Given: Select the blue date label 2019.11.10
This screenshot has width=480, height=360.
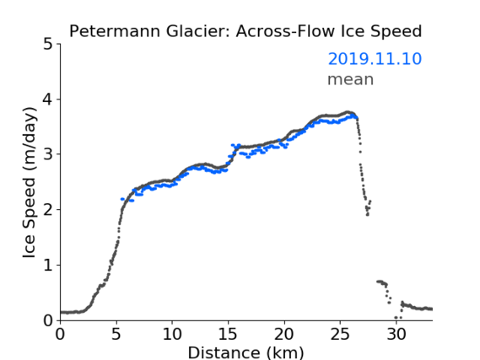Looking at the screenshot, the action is pyautogui.click(x=375, y=59).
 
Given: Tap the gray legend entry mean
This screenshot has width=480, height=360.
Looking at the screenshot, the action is pyautogui.click(x=351, y=79).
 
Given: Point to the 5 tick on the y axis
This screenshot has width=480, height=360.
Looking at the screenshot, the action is pyautogui.click(x=47, y=45).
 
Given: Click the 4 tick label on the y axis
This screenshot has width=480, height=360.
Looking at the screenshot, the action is pyautogui.click(x=47, y=99).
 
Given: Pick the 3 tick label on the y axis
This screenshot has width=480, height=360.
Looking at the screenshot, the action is pyautogui.click(x=47, y=154).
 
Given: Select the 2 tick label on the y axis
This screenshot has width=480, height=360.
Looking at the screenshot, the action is pyautogui.click(x=47, y=210).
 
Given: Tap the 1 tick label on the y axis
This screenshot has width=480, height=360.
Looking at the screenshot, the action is pyautogui.click(x=48, y=266).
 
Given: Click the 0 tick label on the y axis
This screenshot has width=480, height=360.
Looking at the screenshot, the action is pyautogui.click(x=47, y=321).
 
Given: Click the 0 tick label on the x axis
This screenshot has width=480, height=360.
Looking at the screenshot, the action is pyautogui.click(x=60, y=335).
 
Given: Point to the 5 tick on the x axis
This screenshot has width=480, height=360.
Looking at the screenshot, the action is pyautogui.click(x=116, y=335).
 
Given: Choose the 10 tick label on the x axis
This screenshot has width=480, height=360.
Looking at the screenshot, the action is pyautogui.click(x=172, y=335).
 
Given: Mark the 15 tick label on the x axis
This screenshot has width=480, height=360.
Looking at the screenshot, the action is pyautogui.click(x=228, y=335).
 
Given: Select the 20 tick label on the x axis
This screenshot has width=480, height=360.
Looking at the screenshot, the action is pyautogui.click(x=284, y=335).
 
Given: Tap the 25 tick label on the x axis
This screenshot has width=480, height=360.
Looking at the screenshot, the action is pyautogui.click(x=340, y=335).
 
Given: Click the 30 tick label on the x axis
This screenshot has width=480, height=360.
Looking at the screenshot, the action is pyautogui.click(x=396, y=335).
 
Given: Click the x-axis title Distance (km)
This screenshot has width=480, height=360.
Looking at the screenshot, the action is pyautogui.click(x=245, y=352).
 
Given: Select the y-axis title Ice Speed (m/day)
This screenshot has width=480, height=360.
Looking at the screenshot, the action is pyautogui.click(x=30, y=183).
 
